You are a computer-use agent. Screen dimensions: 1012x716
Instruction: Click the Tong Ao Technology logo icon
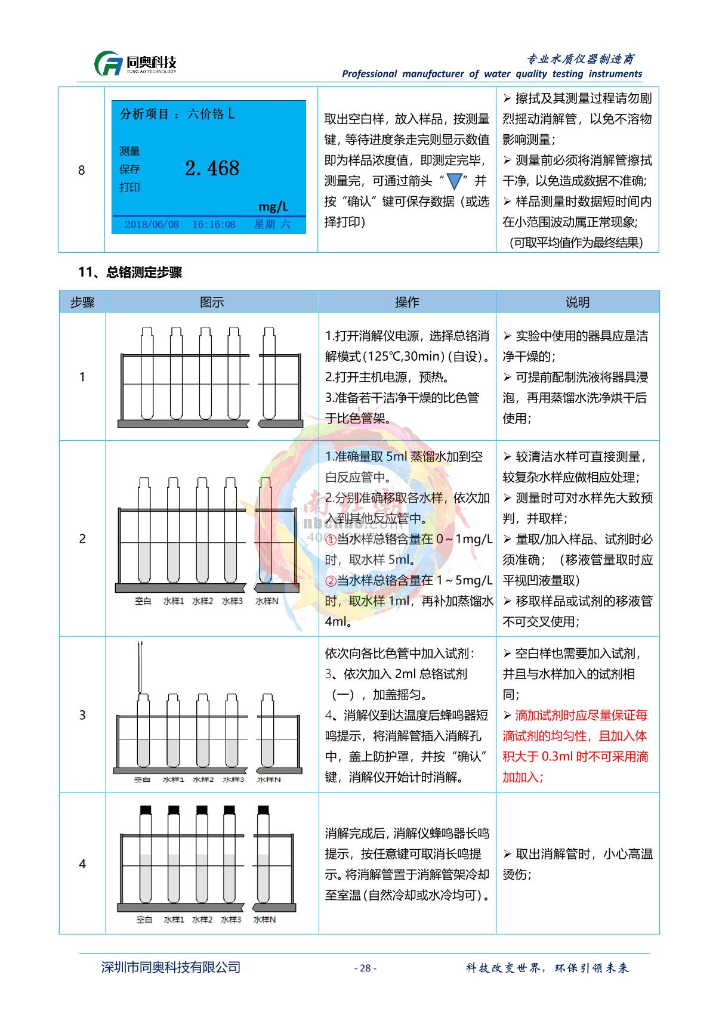(109, 64)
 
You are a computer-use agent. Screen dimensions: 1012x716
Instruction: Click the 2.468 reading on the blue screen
(212, 168)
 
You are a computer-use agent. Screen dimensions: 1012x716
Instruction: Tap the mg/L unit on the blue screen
(273, 206)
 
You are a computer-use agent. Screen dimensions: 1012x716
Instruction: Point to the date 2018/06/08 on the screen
(152, 225)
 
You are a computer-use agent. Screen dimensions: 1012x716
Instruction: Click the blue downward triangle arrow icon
(455, 181)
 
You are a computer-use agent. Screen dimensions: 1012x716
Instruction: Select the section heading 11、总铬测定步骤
(130, 273)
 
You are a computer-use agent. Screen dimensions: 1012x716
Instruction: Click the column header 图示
(212, 302)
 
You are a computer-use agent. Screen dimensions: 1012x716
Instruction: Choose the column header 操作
(407, 302)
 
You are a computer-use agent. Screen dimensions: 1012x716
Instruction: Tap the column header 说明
(577, 302)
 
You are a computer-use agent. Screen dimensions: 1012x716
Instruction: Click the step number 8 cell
(82, 171)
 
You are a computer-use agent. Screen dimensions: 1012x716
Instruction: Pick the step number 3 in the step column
(82, 715)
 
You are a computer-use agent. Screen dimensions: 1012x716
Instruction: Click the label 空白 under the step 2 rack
(143, 601)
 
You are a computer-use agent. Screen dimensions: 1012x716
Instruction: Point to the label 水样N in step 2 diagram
(267, 601)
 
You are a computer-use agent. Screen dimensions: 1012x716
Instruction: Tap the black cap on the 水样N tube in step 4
(263, 810)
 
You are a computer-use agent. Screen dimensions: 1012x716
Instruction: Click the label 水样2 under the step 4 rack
(202, 920)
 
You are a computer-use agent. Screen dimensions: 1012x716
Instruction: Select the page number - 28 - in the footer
(365, 968)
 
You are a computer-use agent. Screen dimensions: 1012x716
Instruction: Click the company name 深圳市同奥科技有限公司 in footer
(171, 967)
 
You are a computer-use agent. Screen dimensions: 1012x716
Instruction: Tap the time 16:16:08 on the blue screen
(214, 225)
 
